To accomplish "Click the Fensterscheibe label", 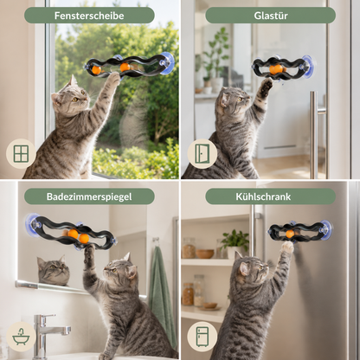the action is (89, 16).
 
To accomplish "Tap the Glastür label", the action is (271, 16).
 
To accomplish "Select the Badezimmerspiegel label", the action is (89, 196).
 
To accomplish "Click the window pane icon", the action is (21, 153).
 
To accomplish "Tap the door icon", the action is (202, 154).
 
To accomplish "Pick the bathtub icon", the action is (21, 337).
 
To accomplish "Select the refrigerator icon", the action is (202, 337).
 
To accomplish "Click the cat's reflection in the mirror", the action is (54, 270).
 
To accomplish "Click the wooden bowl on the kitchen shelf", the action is (205, 254).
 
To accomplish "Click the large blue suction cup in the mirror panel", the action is (33, 222).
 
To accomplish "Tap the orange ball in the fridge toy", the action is (290, 234).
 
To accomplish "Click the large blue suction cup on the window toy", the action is (166, 63).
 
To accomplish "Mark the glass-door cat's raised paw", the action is (267, 87).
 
